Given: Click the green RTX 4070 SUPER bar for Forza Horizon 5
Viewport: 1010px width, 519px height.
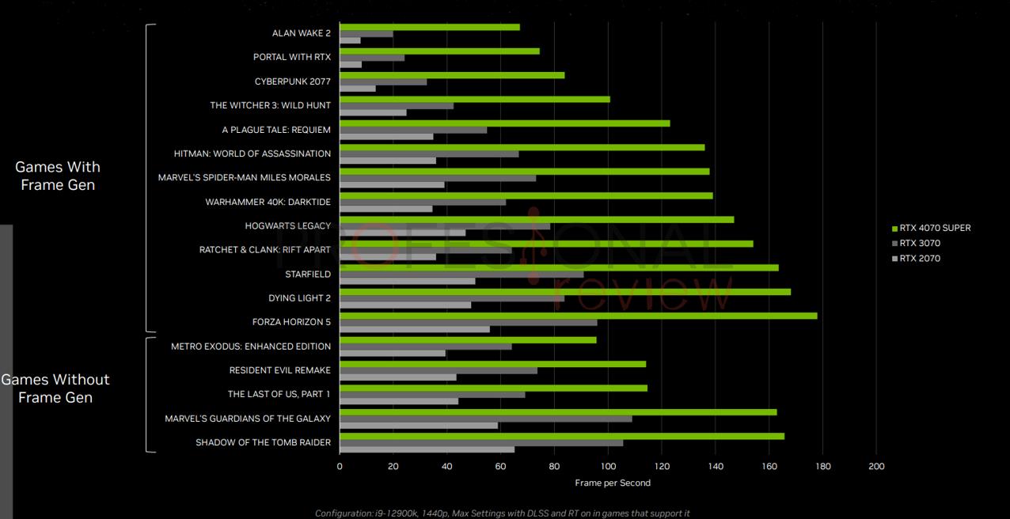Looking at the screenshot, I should (x=578, y=316).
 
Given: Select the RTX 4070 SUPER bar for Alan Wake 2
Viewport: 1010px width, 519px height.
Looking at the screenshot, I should (x=430, y=27).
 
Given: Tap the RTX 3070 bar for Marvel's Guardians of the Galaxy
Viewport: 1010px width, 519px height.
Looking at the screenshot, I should (x=486, y=419).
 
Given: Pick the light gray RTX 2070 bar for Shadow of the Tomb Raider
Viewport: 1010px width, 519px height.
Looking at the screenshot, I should (x=427, y=449).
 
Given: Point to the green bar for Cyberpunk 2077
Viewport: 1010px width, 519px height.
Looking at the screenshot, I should (x=452, y=75).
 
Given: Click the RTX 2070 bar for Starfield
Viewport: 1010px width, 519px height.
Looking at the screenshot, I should (x=407, y=281).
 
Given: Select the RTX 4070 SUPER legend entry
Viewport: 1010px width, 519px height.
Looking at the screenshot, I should (x=935, y=228).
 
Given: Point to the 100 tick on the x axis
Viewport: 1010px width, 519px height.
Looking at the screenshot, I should (x=608, y=467).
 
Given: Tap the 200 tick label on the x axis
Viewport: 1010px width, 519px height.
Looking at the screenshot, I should (x=876, y=467).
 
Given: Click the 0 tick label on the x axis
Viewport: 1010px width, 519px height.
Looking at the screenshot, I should (x=340, y=467).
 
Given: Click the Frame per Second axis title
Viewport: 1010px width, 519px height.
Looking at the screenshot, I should (x=613, y=483).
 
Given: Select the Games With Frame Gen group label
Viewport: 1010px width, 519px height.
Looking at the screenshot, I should (x=58, y=176).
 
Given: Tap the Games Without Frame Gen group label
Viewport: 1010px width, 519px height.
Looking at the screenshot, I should (x=55, y=388).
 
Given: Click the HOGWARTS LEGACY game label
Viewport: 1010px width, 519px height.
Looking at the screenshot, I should (x=287, y=226).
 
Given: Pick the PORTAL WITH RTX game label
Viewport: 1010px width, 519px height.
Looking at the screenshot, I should (x=292, y=57).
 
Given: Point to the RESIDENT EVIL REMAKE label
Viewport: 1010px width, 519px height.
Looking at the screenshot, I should (x=279, y=370).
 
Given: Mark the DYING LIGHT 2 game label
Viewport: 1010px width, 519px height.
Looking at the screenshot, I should (x=299, y=298).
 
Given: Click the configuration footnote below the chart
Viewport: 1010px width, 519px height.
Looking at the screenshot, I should (x=503, y=513).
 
